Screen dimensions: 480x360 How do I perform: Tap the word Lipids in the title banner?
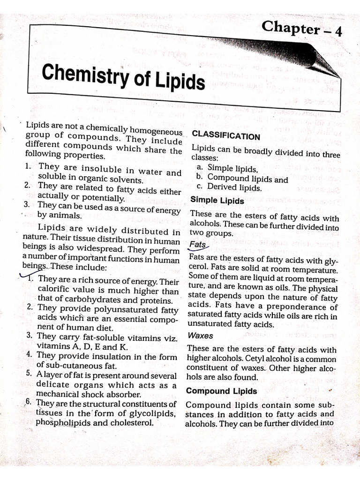[179, 82]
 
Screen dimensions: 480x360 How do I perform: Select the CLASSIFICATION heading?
[225, 136]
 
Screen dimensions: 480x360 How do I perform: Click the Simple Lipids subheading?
[217, 200]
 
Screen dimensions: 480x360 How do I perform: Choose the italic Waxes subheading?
[200, 336]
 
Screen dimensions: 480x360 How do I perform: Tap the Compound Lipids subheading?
[221, 391]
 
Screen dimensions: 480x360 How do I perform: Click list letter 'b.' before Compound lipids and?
[199, 177]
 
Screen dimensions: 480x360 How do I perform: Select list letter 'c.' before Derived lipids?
[199, 187]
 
